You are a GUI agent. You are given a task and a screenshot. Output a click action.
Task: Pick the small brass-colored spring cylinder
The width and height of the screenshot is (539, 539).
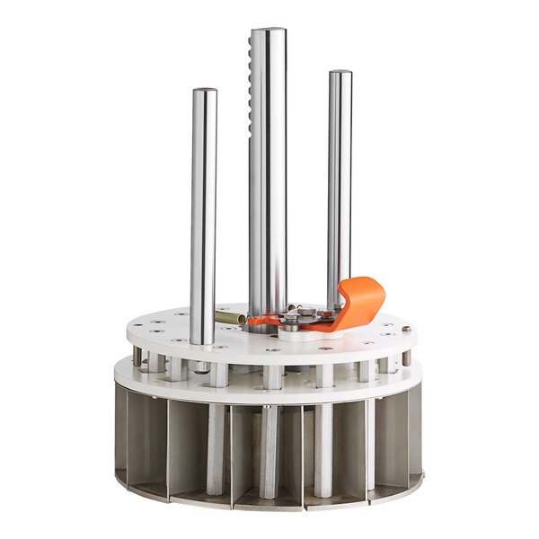pos(229,317)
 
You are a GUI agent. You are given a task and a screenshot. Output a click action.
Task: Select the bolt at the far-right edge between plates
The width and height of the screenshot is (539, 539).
pos(406,357)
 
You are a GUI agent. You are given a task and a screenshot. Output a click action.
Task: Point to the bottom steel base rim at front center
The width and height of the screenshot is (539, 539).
pos(269,504)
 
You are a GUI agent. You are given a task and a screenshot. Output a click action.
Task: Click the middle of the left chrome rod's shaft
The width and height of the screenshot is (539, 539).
pos(203,216)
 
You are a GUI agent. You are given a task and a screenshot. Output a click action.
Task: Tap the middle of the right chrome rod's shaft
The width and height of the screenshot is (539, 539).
pos(339,189)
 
